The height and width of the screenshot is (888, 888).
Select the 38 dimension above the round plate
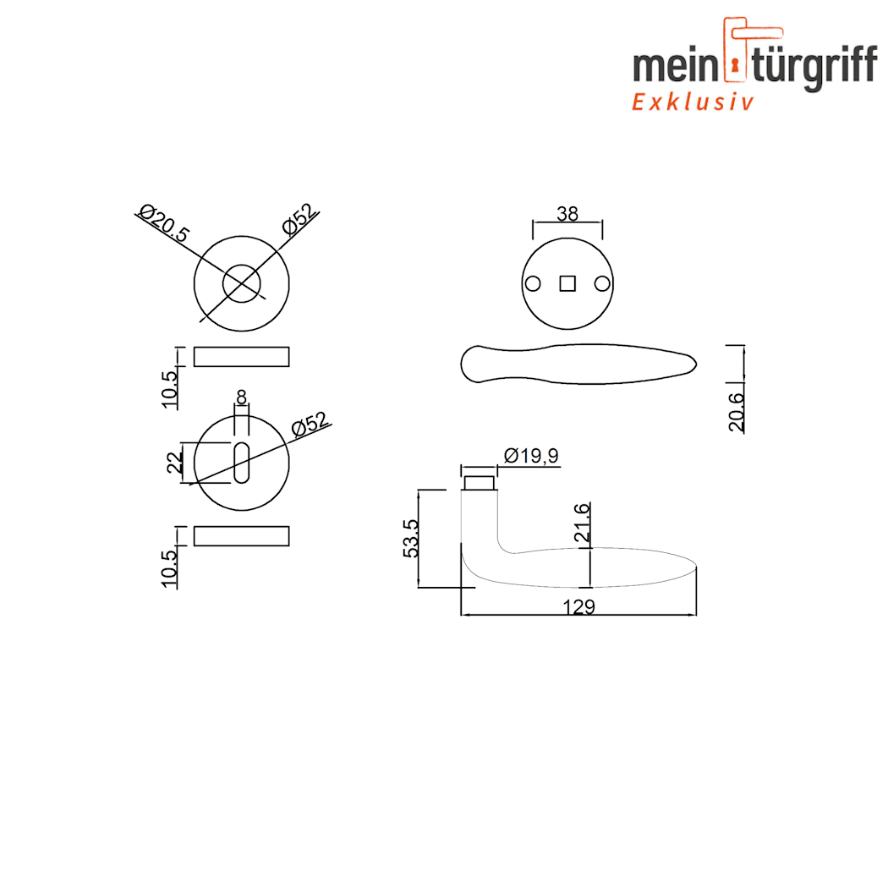[567, 214]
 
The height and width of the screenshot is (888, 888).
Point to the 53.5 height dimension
[412, 538]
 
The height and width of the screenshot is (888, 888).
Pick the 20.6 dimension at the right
[737, 412]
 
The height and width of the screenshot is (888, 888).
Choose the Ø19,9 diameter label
[531, 457]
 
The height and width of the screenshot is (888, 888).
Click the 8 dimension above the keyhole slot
[242, 396]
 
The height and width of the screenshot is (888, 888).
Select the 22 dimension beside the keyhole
[176, 462]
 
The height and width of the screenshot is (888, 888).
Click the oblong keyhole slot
[242, 463]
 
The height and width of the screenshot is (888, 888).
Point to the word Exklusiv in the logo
[693, 102]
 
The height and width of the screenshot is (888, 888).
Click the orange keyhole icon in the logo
[735, 66]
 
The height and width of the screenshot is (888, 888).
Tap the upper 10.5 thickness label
[169, 389]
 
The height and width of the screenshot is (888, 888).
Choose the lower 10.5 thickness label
[169, 567]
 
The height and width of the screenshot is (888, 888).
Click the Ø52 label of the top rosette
[301, 219]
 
